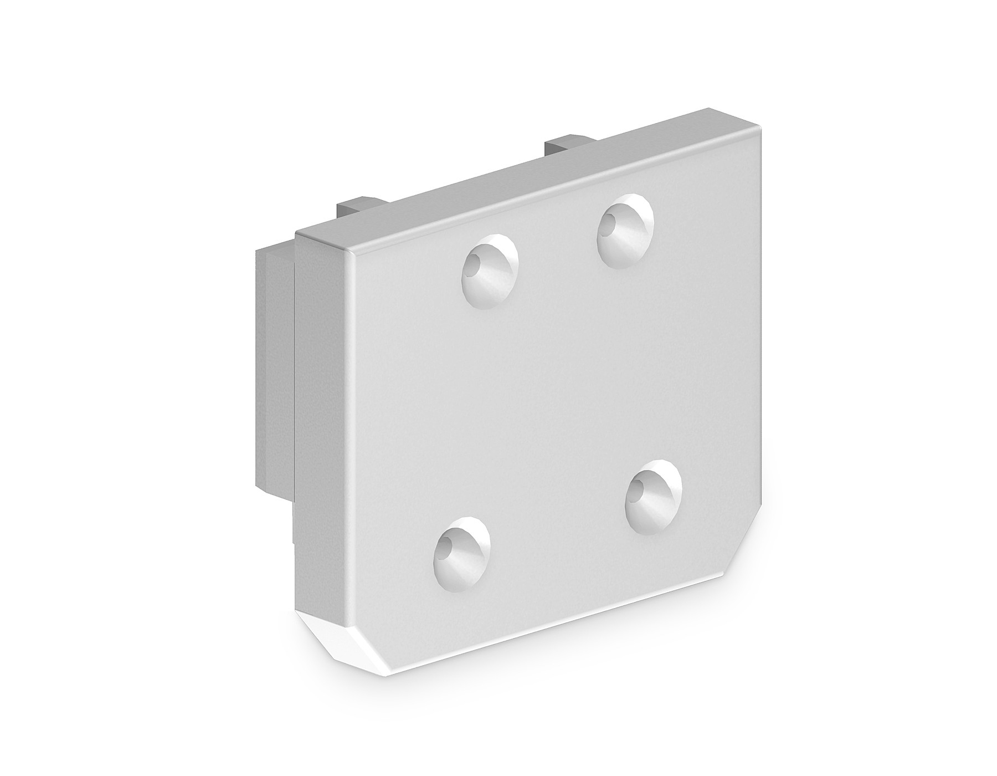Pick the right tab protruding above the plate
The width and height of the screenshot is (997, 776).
coord(565,146)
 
